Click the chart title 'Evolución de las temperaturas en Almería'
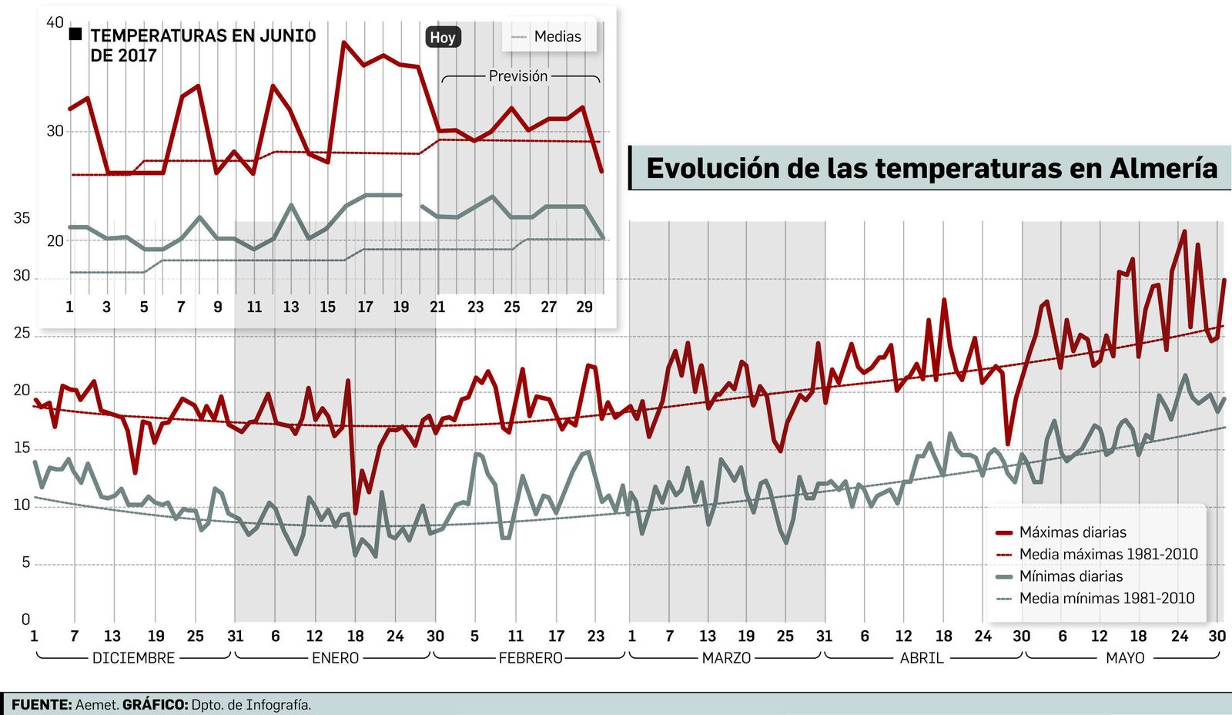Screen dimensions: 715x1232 931,168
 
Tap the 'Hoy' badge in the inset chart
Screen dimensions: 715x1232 443,37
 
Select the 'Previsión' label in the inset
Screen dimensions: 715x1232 518,76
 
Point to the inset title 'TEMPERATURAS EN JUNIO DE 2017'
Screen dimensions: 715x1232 203,45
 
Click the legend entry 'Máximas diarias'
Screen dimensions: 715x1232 1072,532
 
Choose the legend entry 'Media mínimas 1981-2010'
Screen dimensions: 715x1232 1106,599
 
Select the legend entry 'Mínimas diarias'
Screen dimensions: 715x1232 1070,576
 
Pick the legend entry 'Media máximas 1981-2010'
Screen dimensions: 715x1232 1108,555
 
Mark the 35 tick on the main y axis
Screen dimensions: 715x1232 22,218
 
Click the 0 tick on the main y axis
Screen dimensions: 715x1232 25,619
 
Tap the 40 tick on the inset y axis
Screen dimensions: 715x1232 55,22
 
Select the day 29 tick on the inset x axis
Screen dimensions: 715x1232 584,307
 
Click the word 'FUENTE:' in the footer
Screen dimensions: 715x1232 42,705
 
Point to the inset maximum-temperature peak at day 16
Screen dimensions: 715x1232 344,43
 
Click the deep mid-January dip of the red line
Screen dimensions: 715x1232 355,512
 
